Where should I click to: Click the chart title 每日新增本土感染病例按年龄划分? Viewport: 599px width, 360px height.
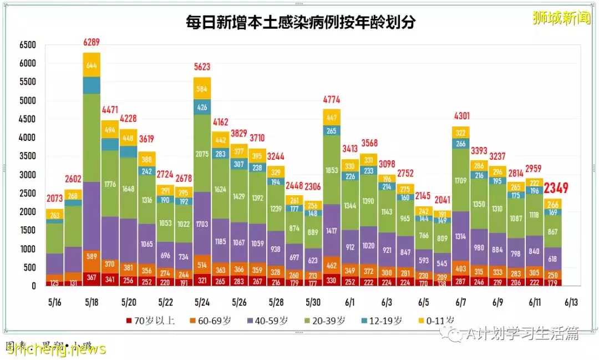click(300, 22)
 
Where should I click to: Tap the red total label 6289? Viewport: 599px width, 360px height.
click(92, 43)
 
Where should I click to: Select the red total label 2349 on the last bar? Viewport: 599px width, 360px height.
click(556, 189)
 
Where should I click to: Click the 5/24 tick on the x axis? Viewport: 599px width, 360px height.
click(202, 302)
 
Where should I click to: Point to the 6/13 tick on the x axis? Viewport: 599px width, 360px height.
click(571, 302)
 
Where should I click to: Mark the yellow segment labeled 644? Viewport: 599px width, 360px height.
click(92, 65)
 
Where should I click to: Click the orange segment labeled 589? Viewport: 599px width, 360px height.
click(92, 256)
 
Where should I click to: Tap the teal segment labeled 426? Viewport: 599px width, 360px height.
click(202, 107)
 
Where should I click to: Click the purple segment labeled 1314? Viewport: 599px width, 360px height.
click(460, 236)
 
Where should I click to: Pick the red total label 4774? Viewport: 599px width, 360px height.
click(331, 100)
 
